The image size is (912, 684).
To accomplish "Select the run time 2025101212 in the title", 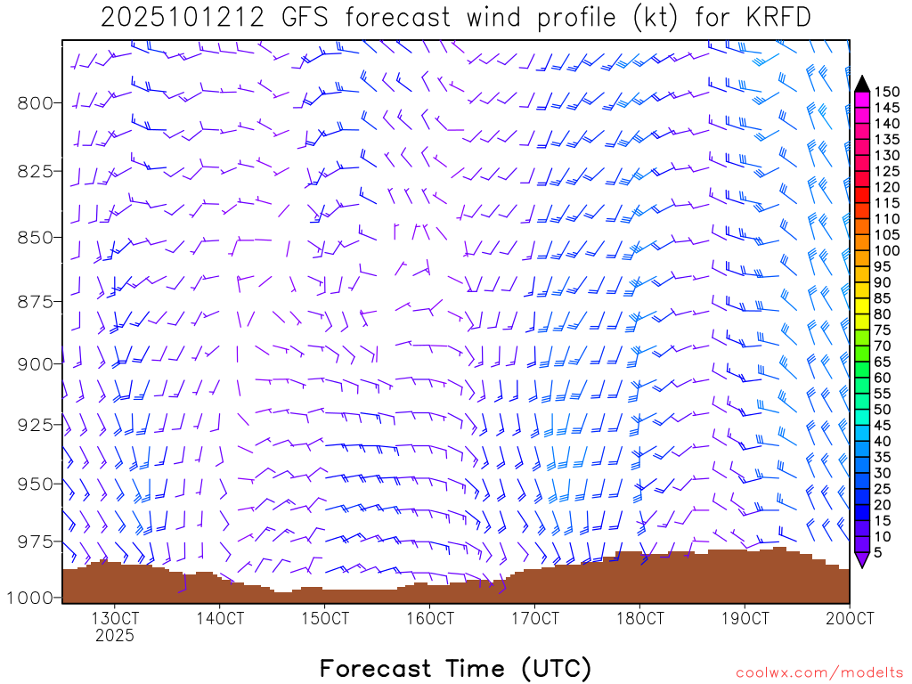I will pyautogui.click(x=182, y=18).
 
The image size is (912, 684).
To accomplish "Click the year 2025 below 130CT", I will pyautogui.click(x=115, y=636).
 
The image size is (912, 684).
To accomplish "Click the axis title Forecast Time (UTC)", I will pyautogui.click(x=455, y=668).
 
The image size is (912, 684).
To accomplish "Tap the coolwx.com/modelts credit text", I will pyautogui.click(x=819, y=672).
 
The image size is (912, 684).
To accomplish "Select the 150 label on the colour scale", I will pyautogui.click(x=887, y=91).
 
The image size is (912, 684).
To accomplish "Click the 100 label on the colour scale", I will pyautogui.click(x=887, y=250).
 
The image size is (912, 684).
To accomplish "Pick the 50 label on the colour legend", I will pyautogui.click(x=883, y=409).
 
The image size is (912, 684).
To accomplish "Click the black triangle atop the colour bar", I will pyautogui.click(x=862, y=84).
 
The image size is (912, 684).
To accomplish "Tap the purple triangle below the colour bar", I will pyautogui.click(x=862, y=559).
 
